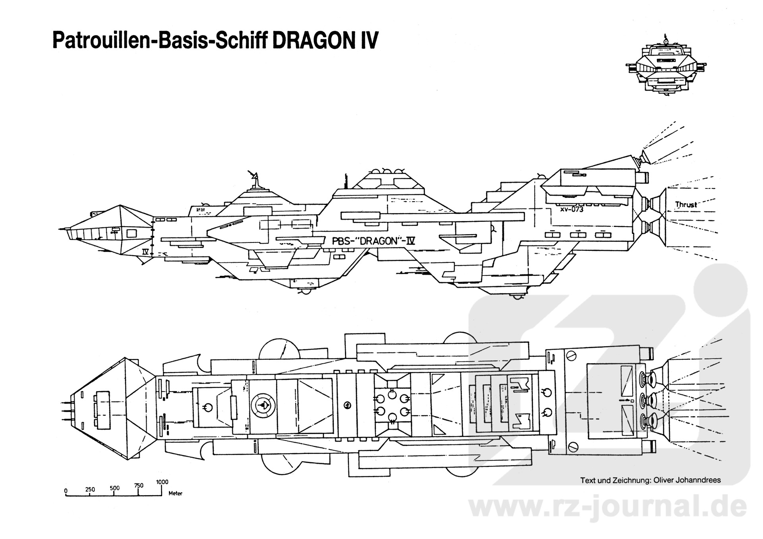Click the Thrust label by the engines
tap(686, 205)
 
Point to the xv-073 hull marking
tap(571, 209)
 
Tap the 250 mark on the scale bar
tap(90, 489)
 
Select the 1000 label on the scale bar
tap(162, 482)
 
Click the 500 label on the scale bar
tap(114, 488)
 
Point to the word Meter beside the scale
tap(175, 494)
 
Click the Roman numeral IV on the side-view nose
tap(145, 251)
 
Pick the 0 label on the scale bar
tap(66, 490)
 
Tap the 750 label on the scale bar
tap(139, 485)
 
